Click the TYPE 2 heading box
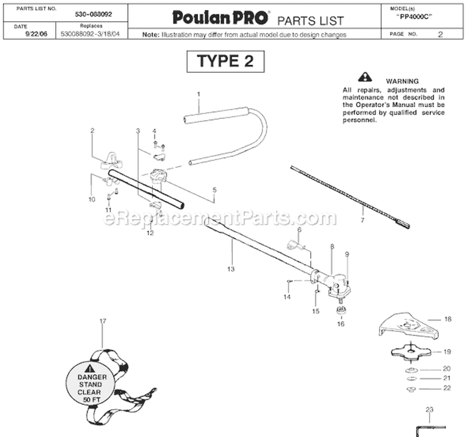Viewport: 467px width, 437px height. (225, 62)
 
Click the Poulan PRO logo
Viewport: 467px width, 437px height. (220, 17)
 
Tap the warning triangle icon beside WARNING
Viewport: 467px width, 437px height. (365, 77)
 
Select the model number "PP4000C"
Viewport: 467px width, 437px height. (414, 17)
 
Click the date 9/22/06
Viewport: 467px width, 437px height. (36, 34)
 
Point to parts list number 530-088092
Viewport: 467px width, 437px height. (93, 14)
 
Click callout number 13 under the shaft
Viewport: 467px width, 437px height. (231, 269)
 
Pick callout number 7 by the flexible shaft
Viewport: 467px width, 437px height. (362, 220)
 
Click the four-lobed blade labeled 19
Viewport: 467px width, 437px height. (412, 352)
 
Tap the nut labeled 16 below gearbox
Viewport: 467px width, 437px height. (341, 310)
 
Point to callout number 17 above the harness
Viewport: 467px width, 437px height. (103, 321)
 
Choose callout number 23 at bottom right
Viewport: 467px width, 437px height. (429, 410)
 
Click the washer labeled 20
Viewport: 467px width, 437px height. (412, 370)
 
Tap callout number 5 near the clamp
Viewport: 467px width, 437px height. (214, 190)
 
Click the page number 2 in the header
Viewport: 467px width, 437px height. (440, 34)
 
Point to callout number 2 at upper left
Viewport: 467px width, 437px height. (92, 130)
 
